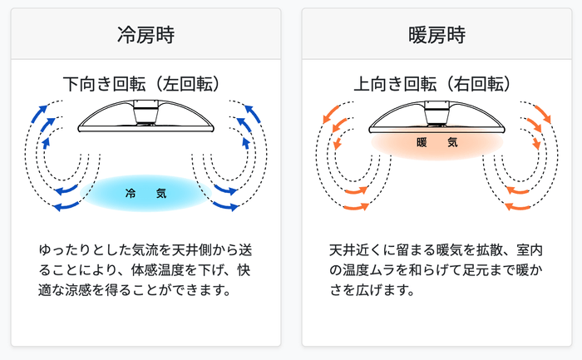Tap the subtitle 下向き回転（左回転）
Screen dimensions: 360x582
145,84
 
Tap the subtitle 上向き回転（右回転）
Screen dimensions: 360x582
436,84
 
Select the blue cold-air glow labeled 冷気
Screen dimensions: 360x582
145,194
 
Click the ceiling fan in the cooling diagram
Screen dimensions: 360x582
145,116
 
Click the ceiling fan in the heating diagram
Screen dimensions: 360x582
436,116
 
